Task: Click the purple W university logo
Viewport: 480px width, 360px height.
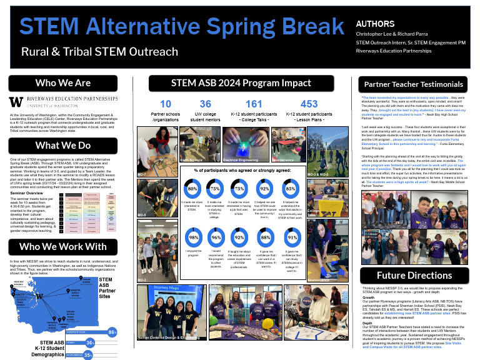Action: pos(16,102)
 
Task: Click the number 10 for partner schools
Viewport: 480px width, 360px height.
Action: pos(166,104)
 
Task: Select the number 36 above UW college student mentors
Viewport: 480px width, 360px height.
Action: pos(205,104)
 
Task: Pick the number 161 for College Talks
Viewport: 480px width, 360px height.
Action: pos(254,104)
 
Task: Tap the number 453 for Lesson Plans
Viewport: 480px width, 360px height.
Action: pos(309,104)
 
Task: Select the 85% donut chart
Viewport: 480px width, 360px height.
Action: pos(290,188)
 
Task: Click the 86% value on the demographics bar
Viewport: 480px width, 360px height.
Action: pos(112,331)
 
